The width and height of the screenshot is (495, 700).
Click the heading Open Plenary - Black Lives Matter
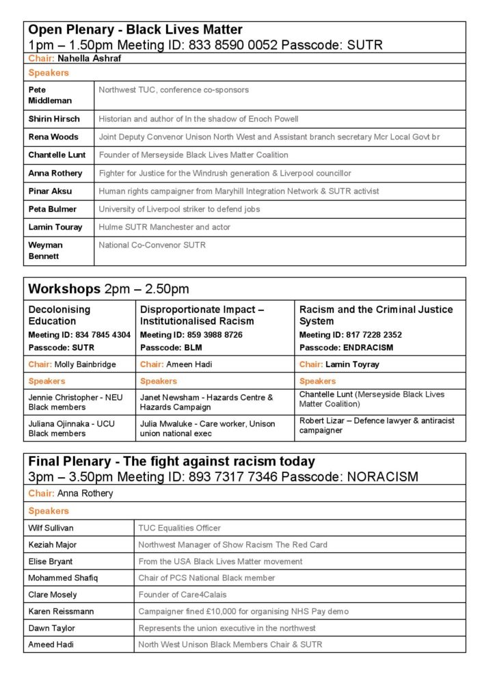pos(135,30)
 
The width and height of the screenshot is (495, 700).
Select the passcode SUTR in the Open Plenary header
pos(362,45)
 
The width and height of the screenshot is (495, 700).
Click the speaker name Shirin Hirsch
pos(54,119)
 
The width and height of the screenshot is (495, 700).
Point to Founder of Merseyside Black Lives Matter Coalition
pos(193,155)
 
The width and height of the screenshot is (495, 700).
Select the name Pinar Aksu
pos(50,191)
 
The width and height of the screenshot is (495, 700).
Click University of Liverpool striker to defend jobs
pos(179,209)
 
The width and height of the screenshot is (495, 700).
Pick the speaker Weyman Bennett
pos(46,250)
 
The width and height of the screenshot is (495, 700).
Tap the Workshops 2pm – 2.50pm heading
pos(109,289)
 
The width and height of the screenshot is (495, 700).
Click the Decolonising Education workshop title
pos(59,315)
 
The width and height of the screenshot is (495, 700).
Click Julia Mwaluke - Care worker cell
pos(208,429)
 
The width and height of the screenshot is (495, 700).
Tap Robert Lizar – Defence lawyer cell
pos(377,425)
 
